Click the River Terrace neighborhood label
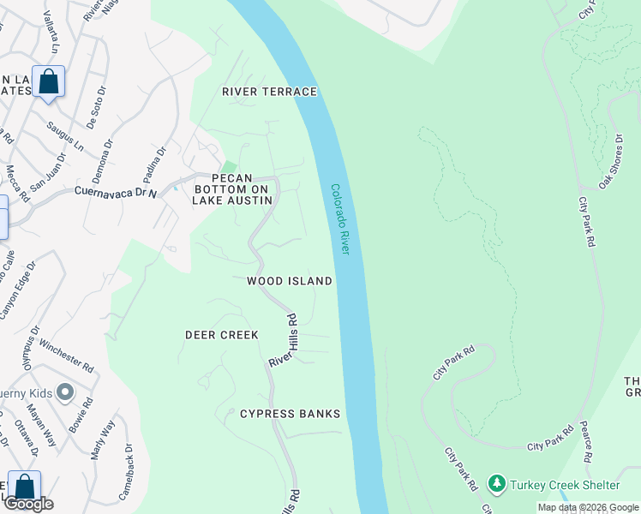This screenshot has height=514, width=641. pos(269,92)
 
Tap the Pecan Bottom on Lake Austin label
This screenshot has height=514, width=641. pos(232,188)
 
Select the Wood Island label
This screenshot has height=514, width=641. pos(289,281)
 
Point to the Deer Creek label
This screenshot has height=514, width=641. pos(222,335)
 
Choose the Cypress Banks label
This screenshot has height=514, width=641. pos(290,414)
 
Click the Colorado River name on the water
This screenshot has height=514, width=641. pos(340,218)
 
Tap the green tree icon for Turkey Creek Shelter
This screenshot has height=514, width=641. pos(496,484)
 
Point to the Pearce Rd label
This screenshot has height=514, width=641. pos(587,442)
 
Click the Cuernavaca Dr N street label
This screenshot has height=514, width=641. pos(116,192)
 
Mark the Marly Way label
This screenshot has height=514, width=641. pos(102,439)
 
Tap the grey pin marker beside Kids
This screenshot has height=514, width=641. pos(63,393)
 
